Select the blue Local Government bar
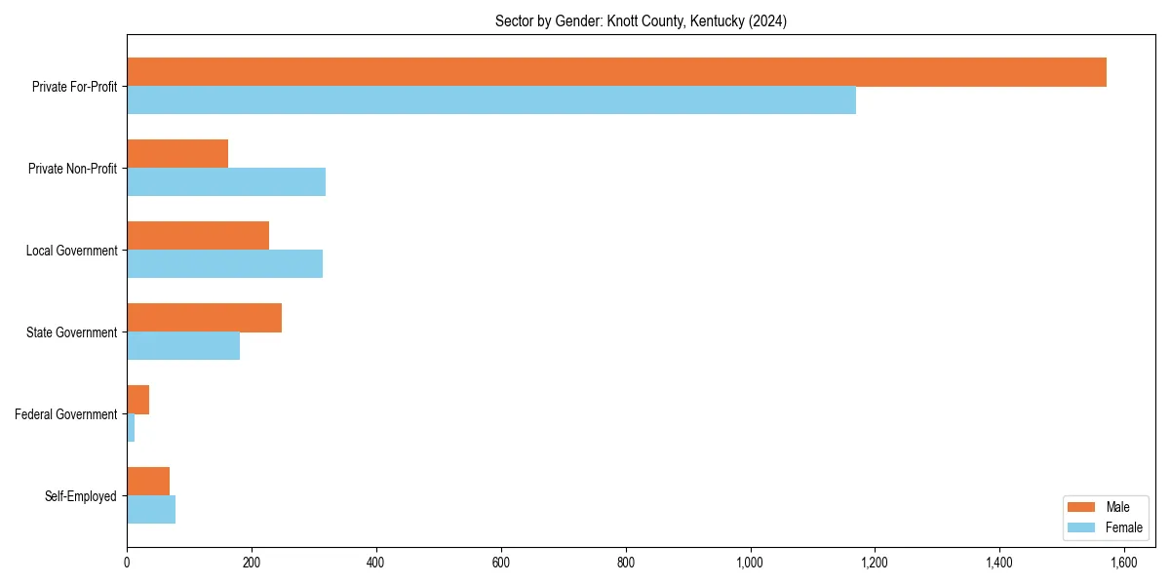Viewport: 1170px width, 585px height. pos(224,264)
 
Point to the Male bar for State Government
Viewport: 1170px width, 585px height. pos(204,318)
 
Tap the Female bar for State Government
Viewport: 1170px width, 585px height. pos(183,346)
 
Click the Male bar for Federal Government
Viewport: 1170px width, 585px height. pos(138,400)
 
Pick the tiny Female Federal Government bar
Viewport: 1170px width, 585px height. pos(131,428)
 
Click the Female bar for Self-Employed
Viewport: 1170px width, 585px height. pos(151,510)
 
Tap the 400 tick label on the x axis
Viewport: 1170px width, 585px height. pos(376,564)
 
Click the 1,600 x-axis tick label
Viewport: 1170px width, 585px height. pos(1124,564)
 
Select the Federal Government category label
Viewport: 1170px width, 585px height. pos(66,414)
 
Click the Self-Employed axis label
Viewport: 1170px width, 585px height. pos(81,496)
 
